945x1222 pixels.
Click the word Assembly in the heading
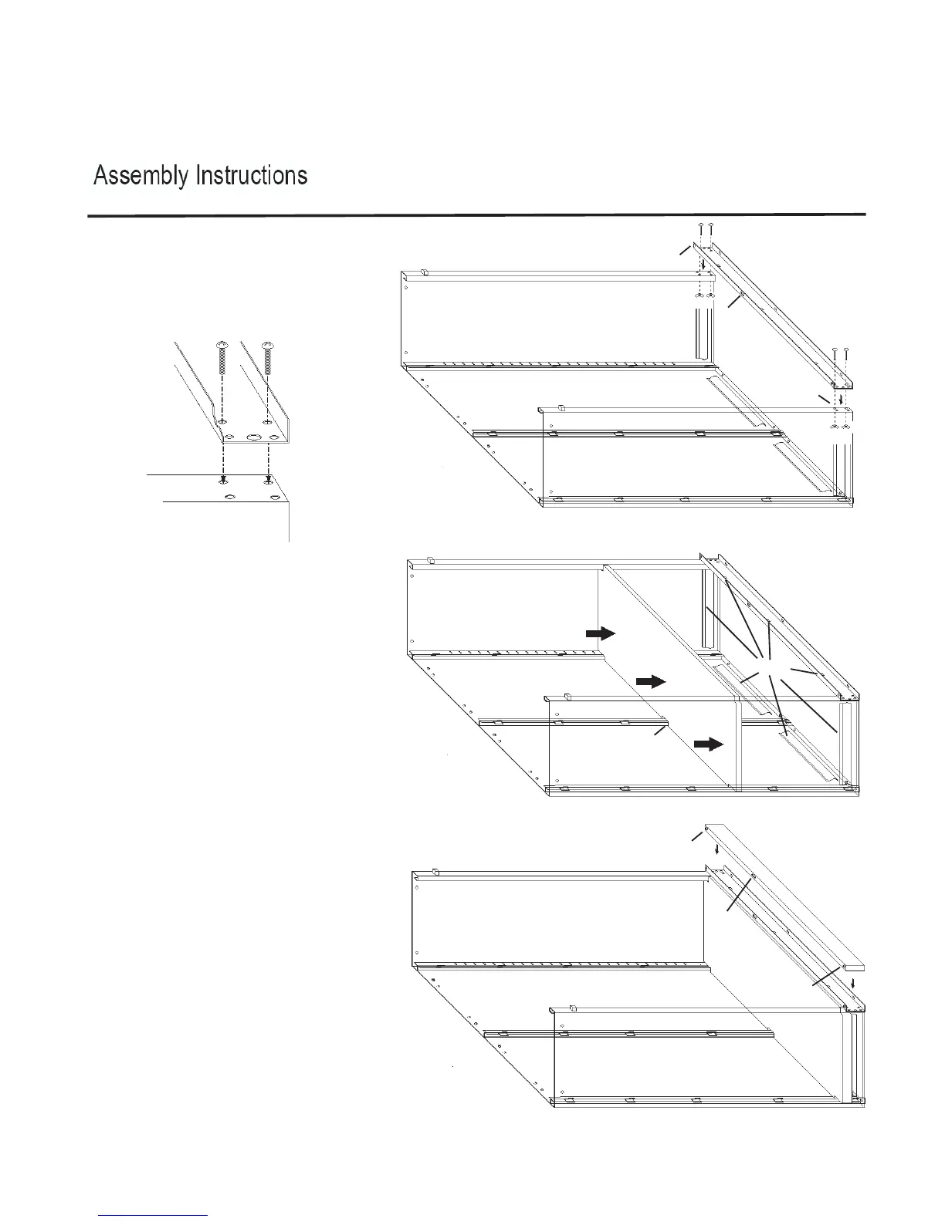click(x=141, y=177)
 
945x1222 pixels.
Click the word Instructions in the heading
click(x=252, y=176)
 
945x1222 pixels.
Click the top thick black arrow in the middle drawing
click(x=600, y=633)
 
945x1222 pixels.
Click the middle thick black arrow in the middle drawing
click(x=649, y=681)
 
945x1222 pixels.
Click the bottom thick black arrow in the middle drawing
click(x=708, y=744)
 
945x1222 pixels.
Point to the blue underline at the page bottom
click(x=153, y=1215)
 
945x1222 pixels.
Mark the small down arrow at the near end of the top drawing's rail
click(x=841, y=399)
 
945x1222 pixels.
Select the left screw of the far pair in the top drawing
click(x=700, y=229)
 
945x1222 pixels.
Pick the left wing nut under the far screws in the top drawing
click(x=699, y=296)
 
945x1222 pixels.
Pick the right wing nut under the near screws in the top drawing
click(x=847, y=426)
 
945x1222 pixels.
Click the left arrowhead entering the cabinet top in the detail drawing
click(x=223, y=479)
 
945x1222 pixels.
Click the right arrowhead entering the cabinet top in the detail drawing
click(x=268, y=479)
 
